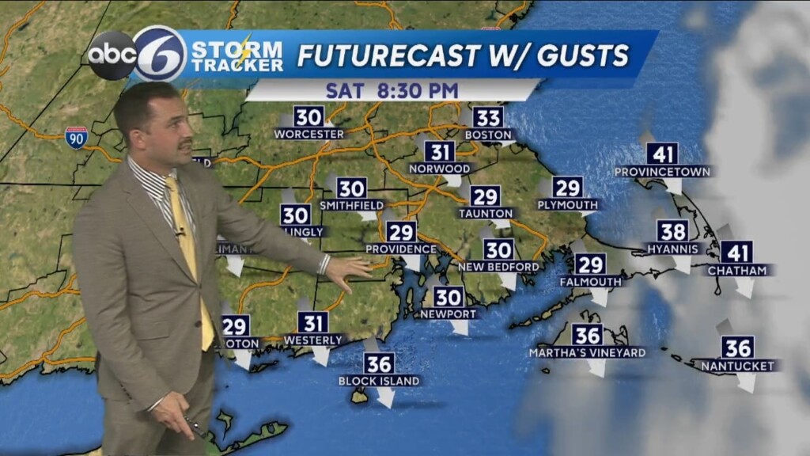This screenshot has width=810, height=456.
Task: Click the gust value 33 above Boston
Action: click(489, 118)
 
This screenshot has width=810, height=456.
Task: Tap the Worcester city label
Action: click(309, 135)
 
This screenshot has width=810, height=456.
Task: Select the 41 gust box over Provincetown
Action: click(662, 154)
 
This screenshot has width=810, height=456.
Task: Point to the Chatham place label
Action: click(737, 271)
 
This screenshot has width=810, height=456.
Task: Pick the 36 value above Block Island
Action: click(380, 363)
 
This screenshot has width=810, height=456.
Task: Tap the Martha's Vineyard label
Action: click(588, 352)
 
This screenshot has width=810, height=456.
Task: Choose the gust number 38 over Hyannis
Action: click(673, 231)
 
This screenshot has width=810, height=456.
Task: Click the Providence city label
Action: click(401, 249)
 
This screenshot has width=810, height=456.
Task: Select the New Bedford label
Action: click(498, 267)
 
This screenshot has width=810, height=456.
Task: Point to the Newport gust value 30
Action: click(449, 297)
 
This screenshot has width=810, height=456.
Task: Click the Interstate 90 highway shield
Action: click(77, 137)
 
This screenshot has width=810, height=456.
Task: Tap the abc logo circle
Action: click(112, 55)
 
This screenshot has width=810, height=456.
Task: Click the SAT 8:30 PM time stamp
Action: click(392, 90)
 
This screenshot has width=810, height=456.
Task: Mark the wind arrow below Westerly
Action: click(320, 355)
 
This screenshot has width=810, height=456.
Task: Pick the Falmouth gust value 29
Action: click(590, 264)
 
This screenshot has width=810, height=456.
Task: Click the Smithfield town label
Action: click(352, 206)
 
